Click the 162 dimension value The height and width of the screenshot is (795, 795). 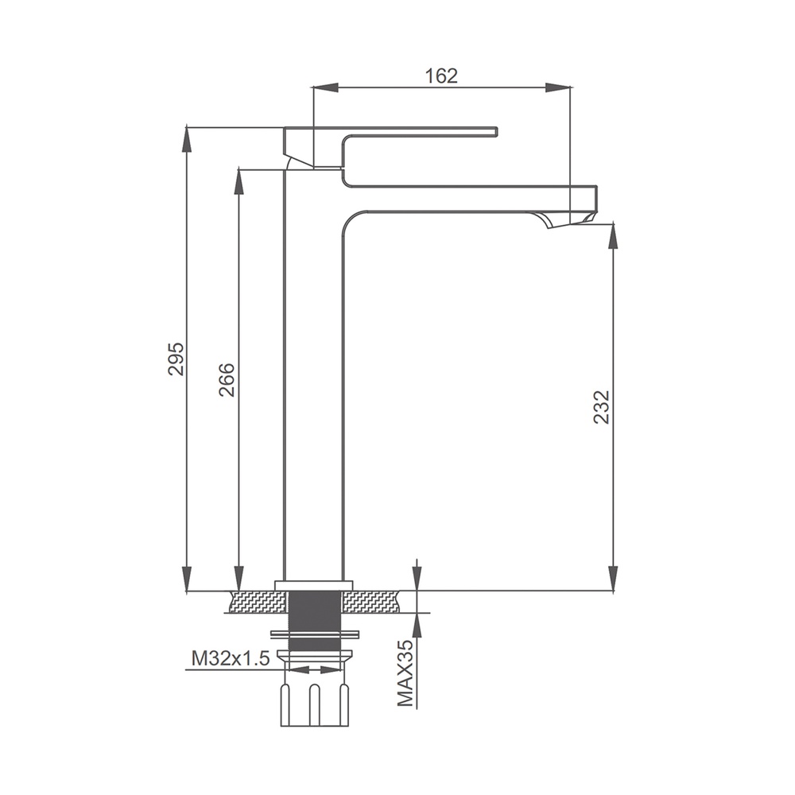click(441, 76)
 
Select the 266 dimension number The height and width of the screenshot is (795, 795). click(227, 379)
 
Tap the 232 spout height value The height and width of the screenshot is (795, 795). click(601, 406)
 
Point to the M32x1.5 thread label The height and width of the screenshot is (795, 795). click(231, 658)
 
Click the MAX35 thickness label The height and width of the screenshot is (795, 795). click(405, 672)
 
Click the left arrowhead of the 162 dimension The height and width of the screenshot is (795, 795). click(325, 87)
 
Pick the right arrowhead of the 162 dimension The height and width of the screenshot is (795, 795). click(558, 87)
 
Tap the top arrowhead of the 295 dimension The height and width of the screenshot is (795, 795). click(188, 139)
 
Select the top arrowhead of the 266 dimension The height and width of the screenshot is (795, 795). click(238, 181)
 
